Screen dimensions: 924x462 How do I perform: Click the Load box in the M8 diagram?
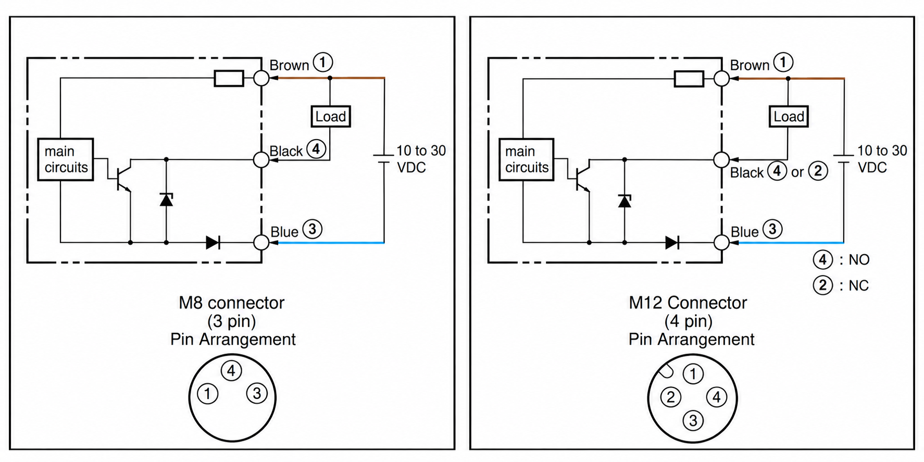(330, 116)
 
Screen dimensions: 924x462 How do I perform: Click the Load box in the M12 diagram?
(789, 116)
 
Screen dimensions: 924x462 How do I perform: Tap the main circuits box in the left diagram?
(66, 159)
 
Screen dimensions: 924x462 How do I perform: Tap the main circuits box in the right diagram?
(526, 159)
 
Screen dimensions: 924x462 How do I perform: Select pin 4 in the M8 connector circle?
(231, 371)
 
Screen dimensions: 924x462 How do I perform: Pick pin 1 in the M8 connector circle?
(207, 394)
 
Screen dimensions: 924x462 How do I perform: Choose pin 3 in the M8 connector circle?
(257, 394)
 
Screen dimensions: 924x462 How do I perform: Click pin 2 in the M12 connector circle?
(670, 397)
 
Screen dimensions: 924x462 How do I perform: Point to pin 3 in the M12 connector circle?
(693, 420)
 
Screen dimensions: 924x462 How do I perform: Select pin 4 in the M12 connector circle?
(716, 397)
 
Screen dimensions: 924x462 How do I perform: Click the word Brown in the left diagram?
(289, 66)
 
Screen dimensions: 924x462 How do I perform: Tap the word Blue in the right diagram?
(744, 232)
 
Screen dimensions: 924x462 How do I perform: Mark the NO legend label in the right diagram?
(841, 259)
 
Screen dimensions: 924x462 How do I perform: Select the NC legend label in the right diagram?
(841, 285)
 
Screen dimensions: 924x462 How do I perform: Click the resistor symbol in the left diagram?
(229, 79)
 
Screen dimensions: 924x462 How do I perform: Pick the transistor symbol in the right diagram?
(581, 176)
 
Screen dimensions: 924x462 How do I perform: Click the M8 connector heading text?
(232, 303)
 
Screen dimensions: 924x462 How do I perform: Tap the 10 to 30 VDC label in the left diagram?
(421, 159)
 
